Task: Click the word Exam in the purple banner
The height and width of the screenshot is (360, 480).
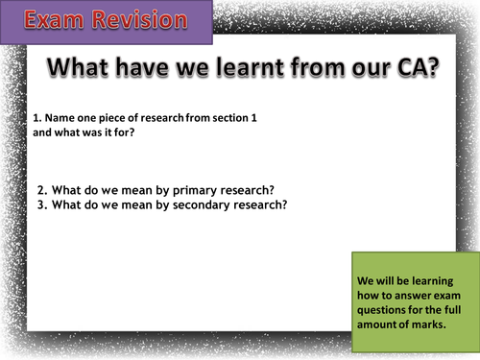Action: coord(45,20)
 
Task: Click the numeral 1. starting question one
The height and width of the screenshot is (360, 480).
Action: coord(36,117)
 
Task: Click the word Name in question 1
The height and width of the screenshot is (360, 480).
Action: coord(58,117)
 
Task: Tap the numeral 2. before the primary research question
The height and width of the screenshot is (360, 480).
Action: coord(43,188)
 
